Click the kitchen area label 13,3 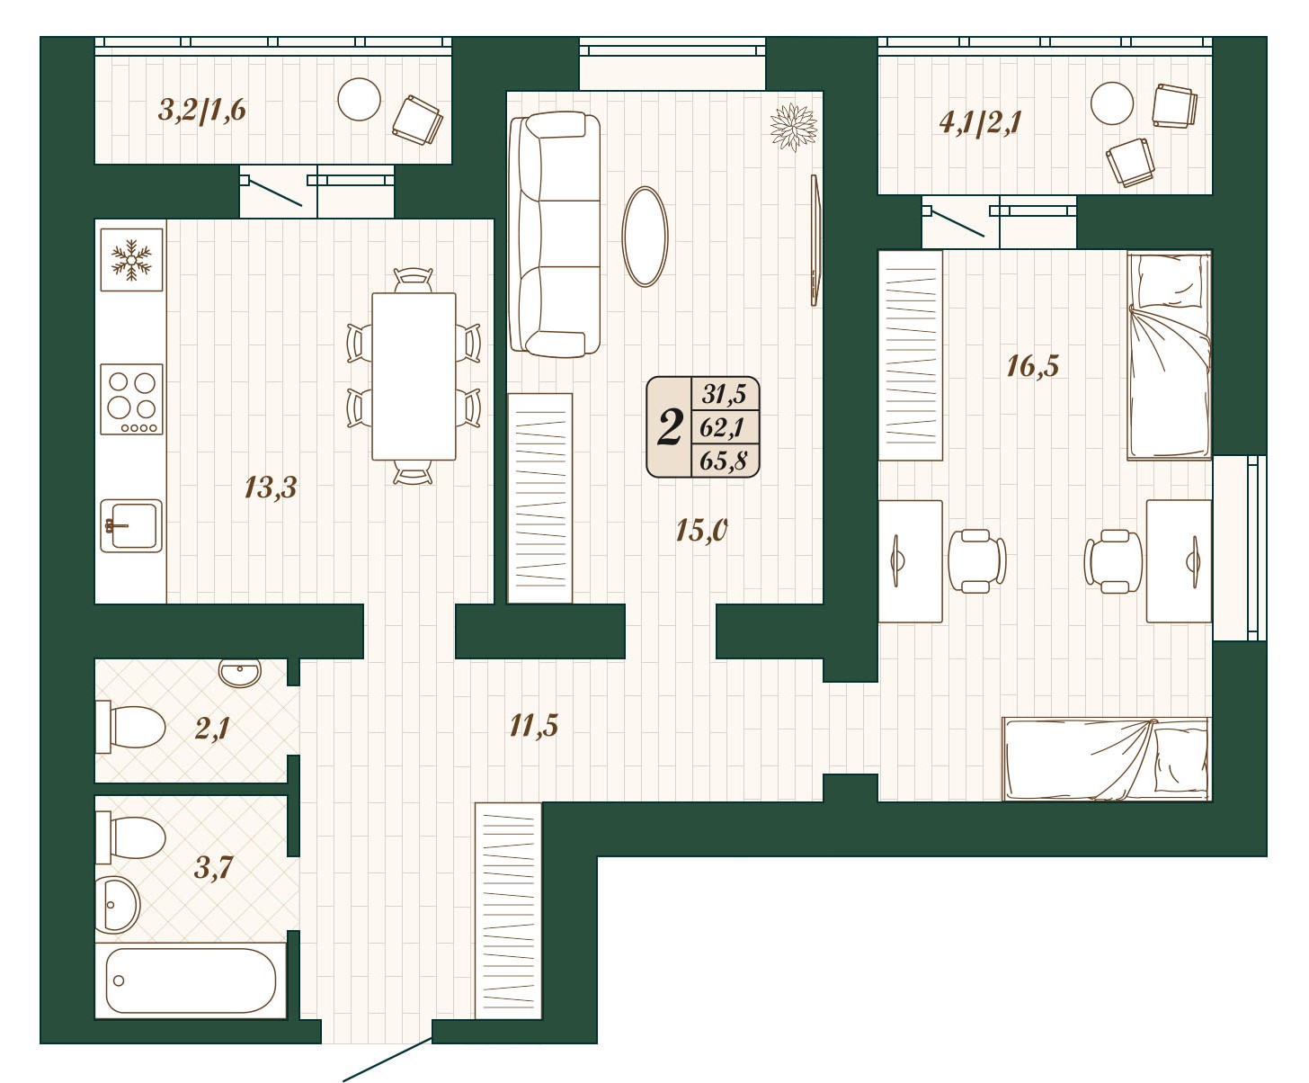pyautogui.click(x=271, y=488)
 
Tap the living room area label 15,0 pyautogui.click(x=701, y=531)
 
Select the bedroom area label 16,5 pyautogui.click(x=1032, y=366)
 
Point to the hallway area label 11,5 pyautogui.click(x=533, y=725)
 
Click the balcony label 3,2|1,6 pyautogui.click(x=202, y=111)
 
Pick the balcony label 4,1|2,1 pyautogui.click(x=980, y=122)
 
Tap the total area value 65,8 pyautogui.click(x=724, y=461)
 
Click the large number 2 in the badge pyautogui.click(x=670, y=427)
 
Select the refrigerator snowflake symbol pyautogui.click(x=131, y=259)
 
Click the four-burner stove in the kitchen pyautogui.click(x=131, y=399)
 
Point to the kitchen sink pyautogui.click(x=131, y=526)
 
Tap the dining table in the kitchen pyautogui.click(x=414, y=377)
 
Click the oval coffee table pyautogui.click(x=646, y=237)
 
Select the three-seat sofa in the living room pyautogui.click(x=554, y=235)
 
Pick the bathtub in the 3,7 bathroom pyautogui.click(x=191, y=980)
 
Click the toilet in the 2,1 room pyautogui.click(x=130, y=727)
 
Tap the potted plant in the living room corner pyautogui.click(x=794, y=128)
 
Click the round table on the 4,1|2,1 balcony pyautogui.click(x=1112, y=103)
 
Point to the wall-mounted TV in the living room pyautogui.click(x=815, y=240)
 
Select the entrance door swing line pyautogui.click(x=387, y=1060)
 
